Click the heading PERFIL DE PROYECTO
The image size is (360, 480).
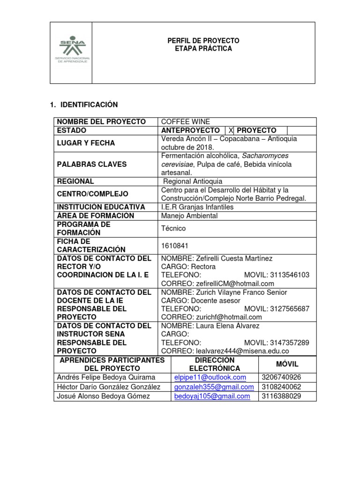(203, 41)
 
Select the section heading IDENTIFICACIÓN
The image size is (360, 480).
(87, 105)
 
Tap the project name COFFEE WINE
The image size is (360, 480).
(185, 122)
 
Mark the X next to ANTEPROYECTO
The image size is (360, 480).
(231, 130)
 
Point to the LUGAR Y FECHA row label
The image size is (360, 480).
(86, 143)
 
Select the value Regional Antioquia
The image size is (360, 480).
(193, 181)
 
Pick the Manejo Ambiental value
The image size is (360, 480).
(189, 216)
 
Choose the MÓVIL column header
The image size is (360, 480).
(287, 364)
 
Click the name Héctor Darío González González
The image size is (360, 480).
(108, 387)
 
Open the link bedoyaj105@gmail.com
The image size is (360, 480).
(212, 397)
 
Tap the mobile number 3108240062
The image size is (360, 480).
(281, 387)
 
